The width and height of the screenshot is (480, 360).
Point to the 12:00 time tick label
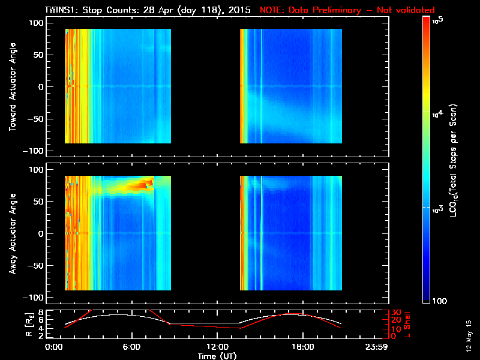[217, 347]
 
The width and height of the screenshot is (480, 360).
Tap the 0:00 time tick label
[54, 347]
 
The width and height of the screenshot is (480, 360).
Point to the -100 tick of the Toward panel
[36, 151]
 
